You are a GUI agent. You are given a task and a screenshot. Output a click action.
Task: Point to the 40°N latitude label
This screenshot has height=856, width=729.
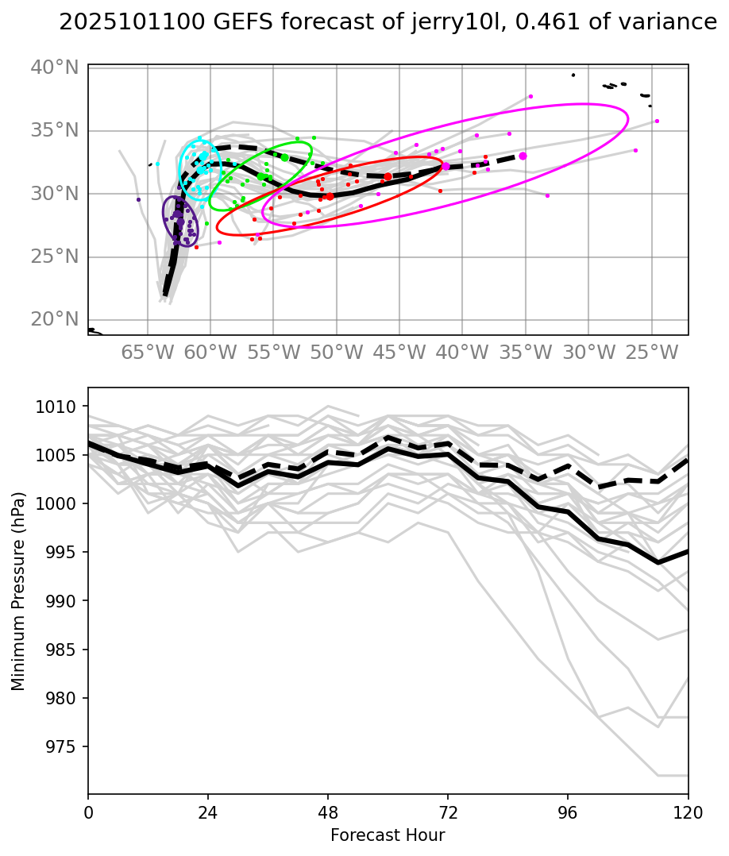(55, 67)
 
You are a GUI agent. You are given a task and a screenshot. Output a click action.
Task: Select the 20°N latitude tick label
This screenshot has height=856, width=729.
(55, 319)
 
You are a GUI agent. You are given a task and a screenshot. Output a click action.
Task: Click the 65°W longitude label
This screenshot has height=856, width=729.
(147, 353)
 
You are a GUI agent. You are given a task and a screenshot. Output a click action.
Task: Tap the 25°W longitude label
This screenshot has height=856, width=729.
(651, 353)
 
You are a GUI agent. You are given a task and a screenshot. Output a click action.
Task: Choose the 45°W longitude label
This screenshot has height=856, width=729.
(399, 353)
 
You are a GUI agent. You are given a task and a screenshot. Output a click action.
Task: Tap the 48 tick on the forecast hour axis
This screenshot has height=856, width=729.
(328, 814)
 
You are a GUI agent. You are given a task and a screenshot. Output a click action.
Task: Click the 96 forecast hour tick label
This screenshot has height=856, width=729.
(568, 814)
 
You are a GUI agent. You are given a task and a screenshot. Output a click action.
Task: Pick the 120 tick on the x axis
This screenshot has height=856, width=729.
(688, 814)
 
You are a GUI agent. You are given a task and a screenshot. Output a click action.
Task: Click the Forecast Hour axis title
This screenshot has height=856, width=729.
(388, 835)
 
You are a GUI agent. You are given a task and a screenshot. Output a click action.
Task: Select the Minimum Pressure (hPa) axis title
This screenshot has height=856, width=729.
(18, 591)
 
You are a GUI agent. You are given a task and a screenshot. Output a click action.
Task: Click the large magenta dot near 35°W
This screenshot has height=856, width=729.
(523, 156)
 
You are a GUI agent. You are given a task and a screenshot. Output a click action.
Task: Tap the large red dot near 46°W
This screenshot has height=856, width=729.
(388, 176)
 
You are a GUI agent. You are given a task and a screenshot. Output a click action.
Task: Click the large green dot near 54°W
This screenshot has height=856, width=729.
(284, 157)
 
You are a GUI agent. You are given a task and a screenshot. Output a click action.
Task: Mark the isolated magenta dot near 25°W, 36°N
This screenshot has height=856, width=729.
(657, 121)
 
